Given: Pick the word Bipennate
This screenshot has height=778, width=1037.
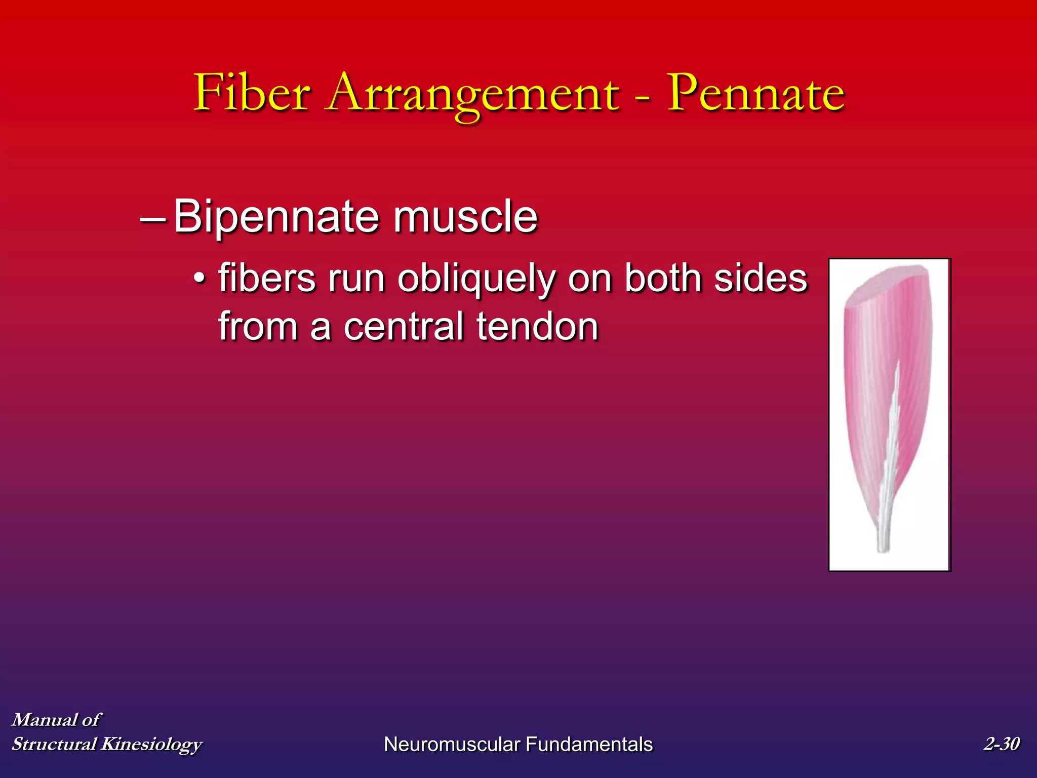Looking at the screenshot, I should [x=276, y=217].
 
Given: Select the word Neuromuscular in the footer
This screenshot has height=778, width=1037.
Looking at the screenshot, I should [x=452, y=744].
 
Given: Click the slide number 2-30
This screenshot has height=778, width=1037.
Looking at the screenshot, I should [x=1001, y=744].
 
